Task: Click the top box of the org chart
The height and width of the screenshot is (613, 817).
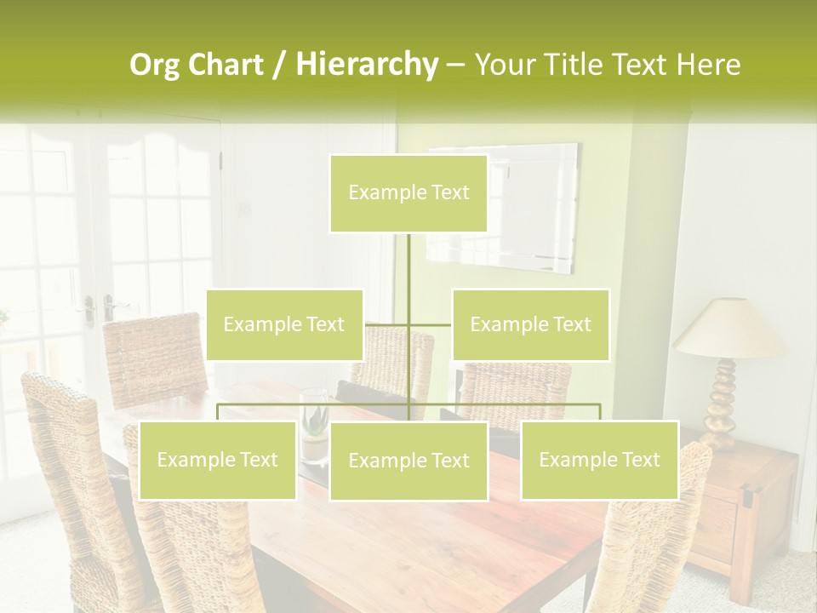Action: click(408, 193)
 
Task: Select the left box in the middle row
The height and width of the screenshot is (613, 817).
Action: click(284, 324)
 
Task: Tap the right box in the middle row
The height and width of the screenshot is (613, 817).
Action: click(530, 324)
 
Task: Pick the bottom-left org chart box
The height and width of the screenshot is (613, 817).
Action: click(217, 460)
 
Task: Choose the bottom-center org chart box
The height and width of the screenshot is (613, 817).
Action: click(408, 461)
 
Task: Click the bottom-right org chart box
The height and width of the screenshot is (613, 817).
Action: click(599, 460)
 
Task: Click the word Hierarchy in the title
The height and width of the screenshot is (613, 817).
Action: click(366, 65)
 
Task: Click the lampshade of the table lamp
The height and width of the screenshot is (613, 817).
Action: click(729, 329)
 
